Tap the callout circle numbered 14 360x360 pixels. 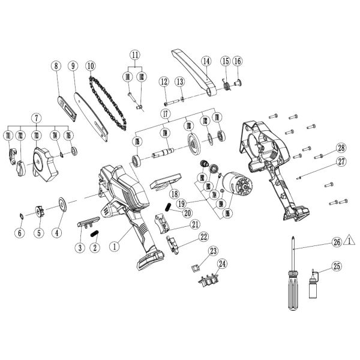206,61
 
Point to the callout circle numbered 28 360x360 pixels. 341,148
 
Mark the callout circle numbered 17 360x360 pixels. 163,113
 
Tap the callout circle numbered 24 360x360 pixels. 223,263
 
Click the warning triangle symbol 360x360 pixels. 352,242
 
